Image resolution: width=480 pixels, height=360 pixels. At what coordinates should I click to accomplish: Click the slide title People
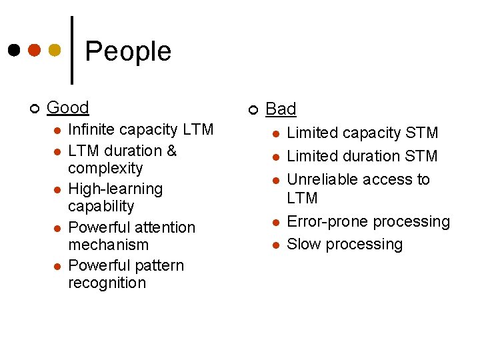(128, 51)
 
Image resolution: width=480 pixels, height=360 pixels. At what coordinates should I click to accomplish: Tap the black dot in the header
(13, 51)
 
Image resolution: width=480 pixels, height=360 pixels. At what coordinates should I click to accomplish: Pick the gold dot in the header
(55, 51)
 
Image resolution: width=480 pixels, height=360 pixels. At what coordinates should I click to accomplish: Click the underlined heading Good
(68, 107)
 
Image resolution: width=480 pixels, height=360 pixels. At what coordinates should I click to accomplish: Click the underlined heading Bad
(281, 109)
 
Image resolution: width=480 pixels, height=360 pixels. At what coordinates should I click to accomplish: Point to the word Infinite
(91, 129)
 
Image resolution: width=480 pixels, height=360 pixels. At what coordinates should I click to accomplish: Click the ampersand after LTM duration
(172, 151)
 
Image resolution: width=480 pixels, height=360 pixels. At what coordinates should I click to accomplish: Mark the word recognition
(107, 283)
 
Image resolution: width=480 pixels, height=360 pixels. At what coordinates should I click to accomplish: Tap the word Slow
(303, 244)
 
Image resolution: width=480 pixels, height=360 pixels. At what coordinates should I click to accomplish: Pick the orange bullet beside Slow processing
(275, 245)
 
